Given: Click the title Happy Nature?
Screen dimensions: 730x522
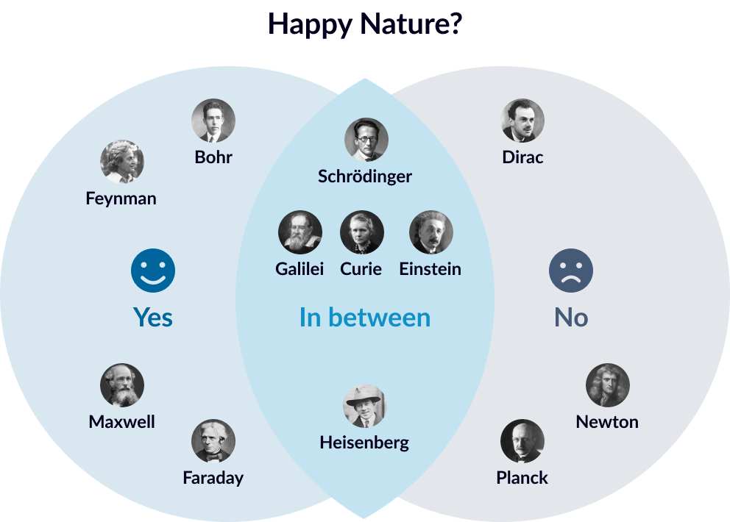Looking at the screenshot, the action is tap(365, 24).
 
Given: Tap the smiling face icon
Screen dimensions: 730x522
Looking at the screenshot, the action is tap(153, 271).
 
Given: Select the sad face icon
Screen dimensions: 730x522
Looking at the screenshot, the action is tap(571, 271).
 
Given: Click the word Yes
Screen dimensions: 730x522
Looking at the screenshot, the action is tap(153, 318).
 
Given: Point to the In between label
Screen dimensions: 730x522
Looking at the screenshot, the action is tap(365, 318).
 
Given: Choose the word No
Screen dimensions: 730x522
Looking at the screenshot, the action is tap(571, 318).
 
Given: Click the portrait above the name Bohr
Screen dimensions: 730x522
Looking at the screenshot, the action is tap(213, 121).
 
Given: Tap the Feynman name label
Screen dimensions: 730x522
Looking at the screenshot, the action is tap(121, 199).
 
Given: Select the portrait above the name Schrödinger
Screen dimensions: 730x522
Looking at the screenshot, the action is tap(366, 140).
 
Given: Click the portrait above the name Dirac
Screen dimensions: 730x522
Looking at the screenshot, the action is tap(522, 121).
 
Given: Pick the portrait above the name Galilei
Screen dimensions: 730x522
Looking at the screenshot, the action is tap(300, 232).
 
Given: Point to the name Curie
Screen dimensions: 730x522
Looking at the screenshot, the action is tap(361, 269).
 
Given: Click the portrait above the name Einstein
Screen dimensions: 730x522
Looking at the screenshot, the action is tap(431, 232).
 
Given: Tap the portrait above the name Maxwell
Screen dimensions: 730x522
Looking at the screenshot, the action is tap(122, 385).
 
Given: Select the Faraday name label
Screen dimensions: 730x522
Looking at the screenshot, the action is tap(213, 478).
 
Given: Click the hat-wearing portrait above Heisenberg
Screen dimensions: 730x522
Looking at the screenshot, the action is tap(365, 406).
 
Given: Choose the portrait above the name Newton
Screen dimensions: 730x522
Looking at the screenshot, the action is tap(608, 385).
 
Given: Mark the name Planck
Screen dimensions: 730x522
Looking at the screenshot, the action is tap(522, 478).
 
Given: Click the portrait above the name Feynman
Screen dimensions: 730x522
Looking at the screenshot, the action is tap(122, 162).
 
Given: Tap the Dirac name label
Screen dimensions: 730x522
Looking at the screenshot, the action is tap(522, 157).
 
